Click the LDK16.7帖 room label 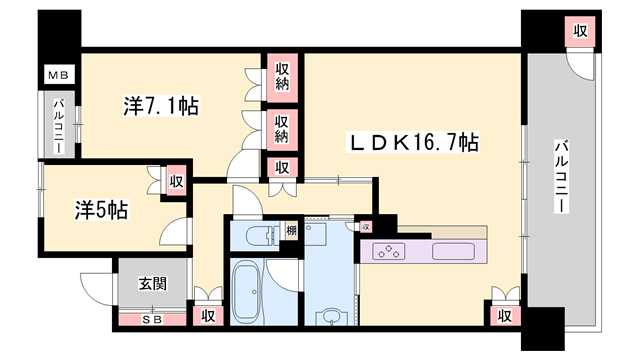click(x=413, y=142)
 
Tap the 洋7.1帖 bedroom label click(x=161, y=106)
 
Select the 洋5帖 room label click(x=101, y=210)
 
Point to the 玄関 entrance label click(x=153, y=283)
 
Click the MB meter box click(x=59, y=75)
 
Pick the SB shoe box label click(x=152, y=320)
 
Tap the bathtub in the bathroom click(x=246, y=292)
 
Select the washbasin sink click(x=331, y=316)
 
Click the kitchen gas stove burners click(x=389, y=251)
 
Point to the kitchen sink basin click(x=453, y=251)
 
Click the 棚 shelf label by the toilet click(x=291, y=231)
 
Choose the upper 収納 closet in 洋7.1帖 click(x=282, y=76)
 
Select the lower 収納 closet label click(x=282, y=129)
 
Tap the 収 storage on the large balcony click(x=580, y=31)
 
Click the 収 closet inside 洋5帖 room click(x=176, y=181)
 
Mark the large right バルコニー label click(x=561, y=176)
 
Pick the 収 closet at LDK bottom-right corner click(x=504, y=316)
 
